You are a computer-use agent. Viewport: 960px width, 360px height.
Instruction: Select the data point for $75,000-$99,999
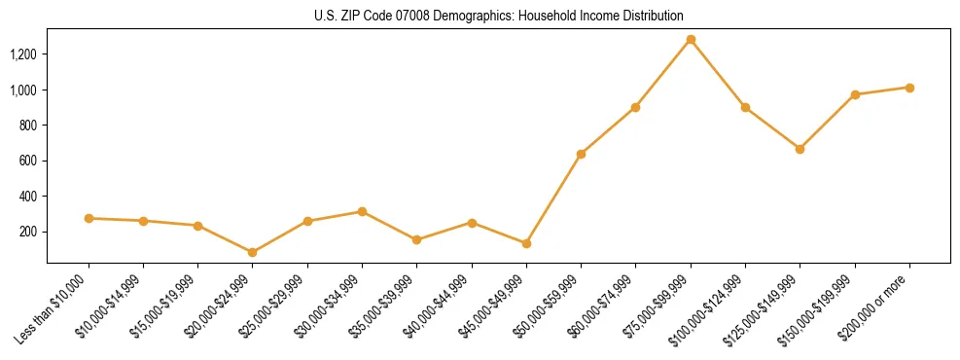pos(691,40)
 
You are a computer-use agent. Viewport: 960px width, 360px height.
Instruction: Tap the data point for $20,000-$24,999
pos(253,252)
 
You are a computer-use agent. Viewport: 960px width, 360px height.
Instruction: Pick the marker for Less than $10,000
pos(89,218)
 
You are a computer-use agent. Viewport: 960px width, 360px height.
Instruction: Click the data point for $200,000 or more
pos(909,88)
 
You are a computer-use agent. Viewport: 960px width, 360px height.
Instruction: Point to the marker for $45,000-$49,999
pos(526,243)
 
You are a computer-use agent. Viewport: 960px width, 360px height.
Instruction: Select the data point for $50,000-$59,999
pos(581,154)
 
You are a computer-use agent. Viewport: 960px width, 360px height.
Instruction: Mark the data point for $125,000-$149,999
pos(800,149)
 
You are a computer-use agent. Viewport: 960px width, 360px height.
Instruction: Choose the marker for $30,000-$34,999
pos(362,211)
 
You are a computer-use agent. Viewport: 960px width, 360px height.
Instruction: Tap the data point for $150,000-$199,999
pos(855,94)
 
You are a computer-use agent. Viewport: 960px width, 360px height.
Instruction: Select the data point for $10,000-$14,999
pos(143,221)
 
